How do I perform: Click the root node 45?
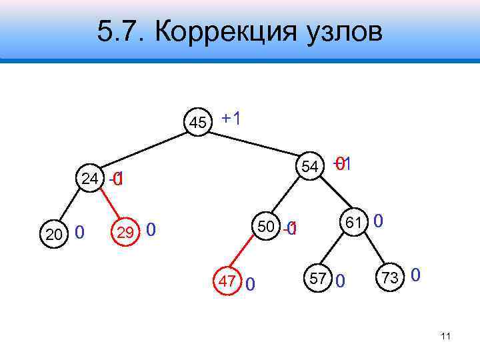pyautogui.click(x=198, y=123)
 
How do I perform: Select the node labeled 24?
pyautogui.click(x=90, y=178)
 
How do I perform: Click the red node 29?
pyautogui.click(x=125, y=232)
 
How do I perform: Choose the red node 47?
pyautogui.click(x=227, y=281)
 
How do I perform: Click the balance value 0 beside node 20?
pyautogui.click(x=79, y=233)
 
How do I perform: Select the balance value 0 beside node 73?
pyautogui.click(x=415, y=274)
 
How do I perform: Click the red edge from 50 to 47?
pyautogui.click(x=246, y=255)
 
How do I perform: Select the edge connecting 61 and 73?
pyautogui.click(x=374, y=251)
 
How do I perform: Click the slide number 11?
pyautogui.click(x=446, y=337)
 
